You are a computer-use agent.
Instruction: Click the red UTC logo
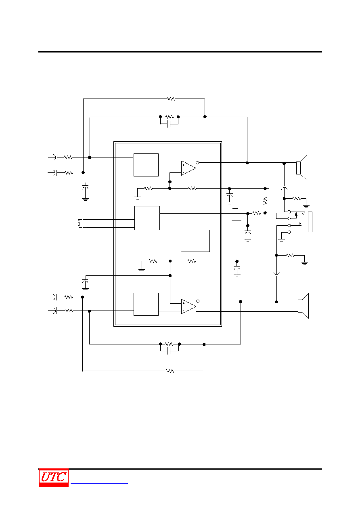tap(54, 477)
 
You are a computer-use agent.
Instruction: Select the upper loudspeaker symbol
tap(302, 168)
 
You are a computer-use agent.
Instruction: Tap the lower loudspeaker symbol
tap(303, 306)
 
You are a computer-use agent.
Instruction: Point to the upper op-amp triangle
tap(188, 168)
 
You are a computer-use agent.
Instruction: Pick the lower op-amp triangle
tap(188, 306)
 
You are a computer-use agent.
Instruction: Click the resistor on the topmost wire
tap(171, 99)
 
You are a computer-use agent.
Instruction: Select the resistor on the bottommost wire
tap(170, 371)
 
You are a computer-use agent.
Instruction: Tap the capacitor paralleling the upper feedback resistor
tap(169, 124)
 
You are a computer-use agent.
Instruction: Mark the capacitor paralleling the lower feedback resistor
tap(169, 351)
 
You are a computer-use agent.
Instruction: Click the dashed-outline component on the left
tap(83, 224)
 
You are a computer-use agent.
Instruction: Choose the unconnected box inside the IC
tap(195, 241)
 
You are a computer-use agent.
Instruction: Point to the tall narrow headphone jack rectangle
tap(310, 222)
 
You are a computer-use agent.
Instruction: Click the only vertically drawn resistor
tap(265, 201)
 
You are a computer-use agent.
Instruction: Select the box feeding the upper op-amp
tap(146, 165)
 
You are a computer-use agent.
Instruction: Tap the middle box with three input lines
tap(147, 218)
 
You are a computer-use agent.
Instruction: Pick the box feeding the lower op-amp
tap(146, 304)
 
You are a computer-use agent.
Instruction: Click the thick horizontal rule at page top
tap(180, 52)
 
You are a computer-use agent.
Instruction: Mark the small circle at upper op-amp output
tap(197, 163)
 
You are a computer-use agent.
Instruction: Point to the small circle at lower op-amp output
tap(198, 301)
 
